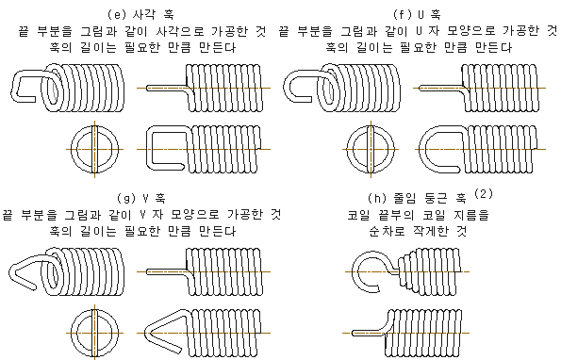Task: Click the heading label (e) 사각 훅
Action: coord(140,15)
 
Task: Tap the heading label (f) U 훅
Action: coord(417,15)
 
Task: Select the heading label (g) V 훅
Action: coord(141,198)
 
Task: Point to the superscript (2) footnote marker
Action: coord(484,194)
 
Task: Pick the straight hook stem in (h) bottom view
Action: coord(369,333)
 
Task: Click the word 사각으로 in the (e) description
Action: coord(180,31)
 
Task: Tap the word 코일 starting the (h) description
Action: coord(359,215)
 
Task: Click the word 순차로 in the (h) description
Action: coord(387,231)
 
